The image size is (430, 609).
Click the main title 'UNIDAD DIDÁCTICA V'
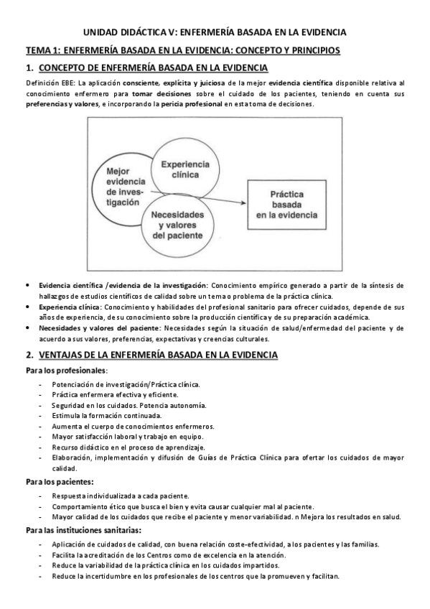tap(215, 32)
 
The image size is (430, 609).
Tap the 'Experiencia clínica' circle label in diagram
tap(184, 169)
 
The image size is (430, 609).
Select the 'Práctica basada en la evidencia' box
tap(290, 204)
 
